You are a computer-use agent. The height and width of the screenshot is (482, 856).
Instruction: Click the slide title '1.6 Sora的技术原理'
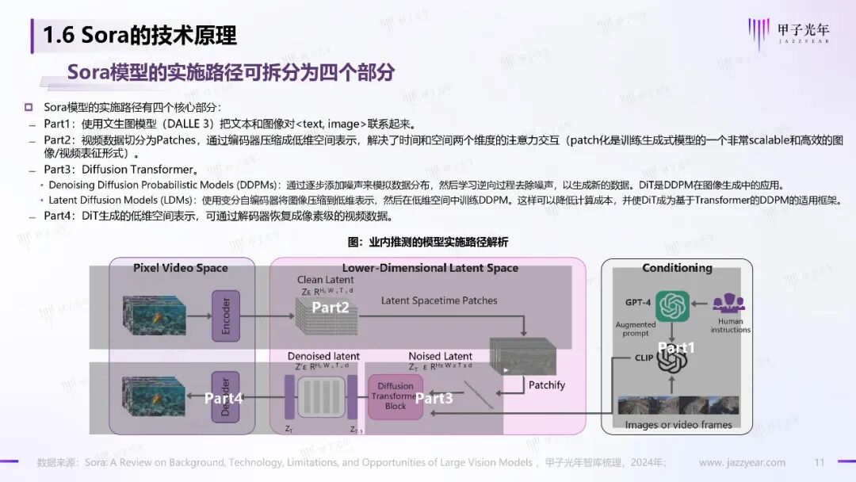click(139, 35)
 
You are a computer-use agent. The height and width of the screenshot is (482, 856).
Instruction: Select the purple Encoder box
click(226, 316)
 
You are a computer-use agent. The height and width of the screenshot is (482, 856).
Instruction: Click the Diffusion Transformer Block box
click(396, 396)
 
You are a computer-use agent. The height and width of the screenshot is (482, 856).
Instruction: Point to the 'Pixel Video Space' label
click(181, 268)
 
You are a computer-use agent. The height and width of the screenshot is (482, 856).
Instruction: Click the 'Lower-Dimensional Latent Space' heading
click(430, 268)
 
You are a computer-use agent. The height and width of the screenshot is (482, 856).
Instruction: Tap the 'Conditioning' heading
click(677, 268)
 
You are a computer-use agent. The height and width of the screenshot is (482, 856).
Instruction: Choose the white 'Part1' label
click(676, 347)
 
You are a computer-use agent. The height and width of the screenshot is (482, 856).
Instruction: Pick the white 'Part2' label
click(331, 307)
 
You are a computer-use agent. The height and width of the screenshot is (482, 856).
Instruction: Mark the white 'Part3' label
click(434, 398)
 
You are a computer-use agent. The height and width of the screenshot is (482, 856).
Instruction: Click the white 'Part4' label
click(224, 398)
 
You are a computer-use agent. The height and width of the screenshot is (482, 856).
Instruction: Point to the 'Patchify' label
click(547, 384)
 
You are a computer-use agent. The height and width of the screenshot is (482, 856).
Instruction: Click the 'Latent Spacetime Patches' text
click(439, 300)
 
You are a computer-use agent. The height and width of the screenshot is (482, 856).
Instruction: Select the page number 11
click(820, 462)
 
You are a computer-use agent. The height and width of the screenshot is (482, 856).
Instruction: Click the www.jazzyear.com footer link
click(742, 462)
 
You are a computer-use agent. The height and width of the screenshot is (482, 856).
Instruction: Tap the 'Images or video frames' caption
click(678, 424)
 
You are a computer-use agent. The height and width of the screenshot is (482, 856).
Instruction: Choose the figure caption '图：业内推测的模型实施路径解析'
click(428, 242)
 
